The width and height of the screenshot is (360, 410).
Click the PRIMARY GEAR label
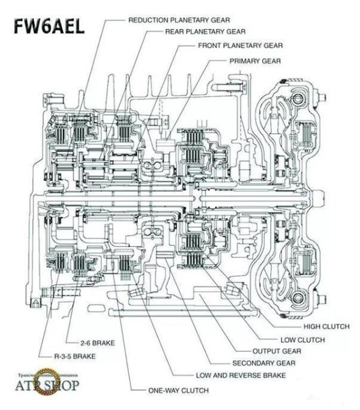[254, 61]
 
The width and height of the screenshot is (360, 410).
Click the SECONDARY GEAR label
[260, 363]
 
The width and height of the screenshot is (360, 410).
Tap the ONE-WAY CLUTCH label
[178, 390]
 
